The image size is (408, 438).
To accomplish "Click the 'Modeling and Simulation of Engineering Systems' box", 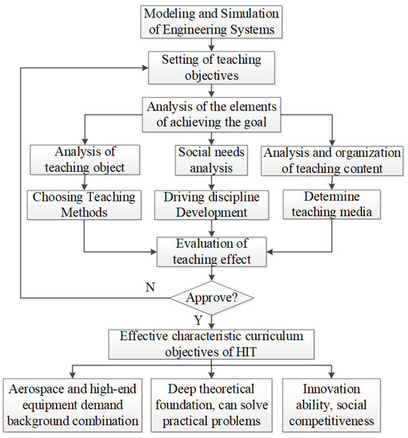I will click(210, 22).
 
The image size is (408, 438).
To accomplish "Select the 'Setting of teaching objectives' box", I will click(210, 67).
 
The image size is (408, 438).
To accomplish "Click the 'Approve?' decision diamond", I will click(210, 299).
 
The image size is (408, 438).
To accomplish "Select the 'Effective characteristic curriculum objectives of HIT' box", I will click(210, 343).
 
